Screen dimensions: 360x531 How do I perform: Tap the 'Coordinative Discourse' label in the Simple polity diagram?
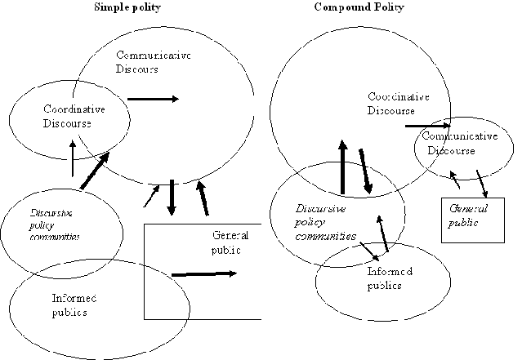pyautogui.click(x=74, y=116)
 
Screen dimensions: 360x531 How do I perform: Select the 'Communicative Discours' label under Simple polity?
pyautogui.click(x=153, y=63)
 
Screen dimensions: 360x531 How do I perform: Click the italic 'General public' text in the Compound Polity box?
pyautogui.click(x=469, y=215)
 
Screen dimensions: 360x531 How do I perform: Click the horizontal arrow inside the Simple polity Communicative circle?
pyautogui.click(x=153, y=99)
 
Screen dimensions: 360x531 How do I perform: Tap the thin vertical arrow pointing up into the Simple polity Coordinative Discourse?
pyautogui.click(x=73, y=158)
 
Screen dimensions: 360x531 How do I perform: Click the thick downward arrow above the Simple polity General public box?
pyautogui.click(x=172, y=197)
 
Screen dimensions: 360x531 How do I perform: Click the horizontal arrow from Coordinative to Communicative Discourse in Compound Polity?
pyautogui.click(x=427, y=127)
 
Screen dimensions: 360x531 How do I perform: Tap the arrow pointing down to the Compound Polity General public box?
pyautogui.click(x=483, y=184)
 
